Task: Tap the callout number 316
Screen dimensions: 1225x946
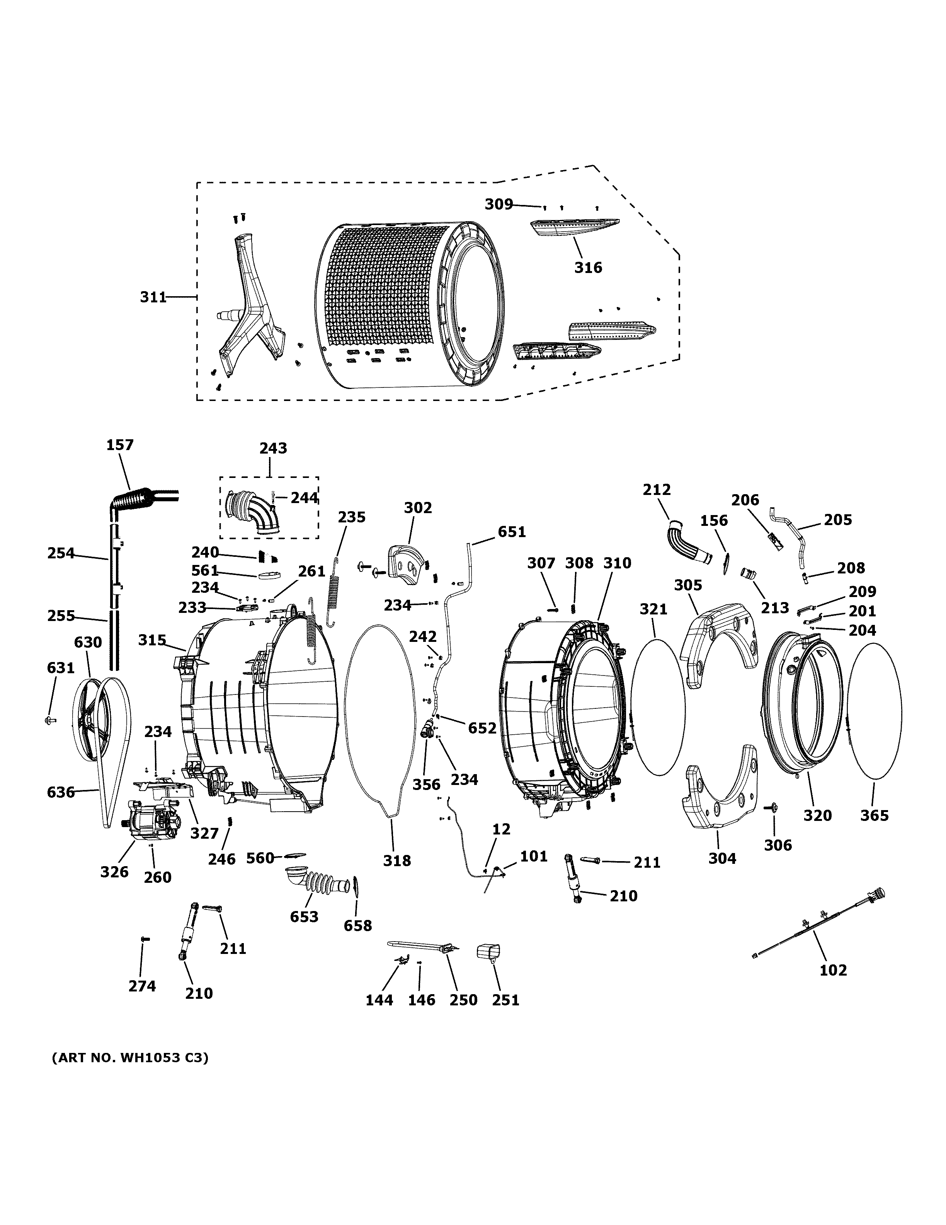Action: coord(588,268)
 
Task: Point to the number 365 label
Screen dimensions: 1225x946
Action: coord(874,816)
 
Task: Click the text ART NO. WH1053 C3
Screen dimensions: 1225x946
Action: coord(130,1058)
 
